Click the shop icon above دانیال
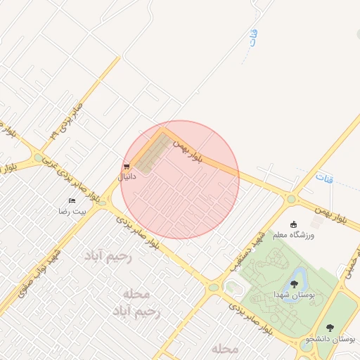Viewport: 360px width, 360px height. coord(127,167)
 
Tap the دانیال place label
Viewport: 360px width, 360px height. coord(126,177)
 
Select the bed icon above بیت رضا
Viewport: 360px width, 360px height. coord(72,201)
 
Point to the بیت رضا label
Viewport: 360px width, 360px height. coord(72,211)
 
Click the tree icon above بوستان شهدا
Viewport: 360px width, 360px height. coord(294,283)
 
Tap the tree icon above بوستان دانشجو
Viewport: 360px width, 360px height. coord(330,328)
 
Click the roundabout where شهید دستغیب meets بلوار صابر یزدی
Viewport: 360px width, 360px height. coord(213,286)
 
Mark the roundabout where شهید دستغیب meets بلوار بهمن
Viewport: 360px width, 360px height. coord(290,199)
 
